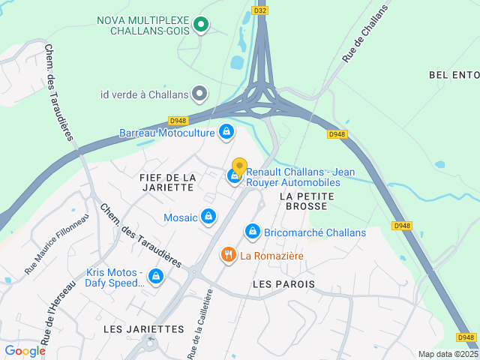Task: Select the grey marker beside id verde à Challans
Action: pos(199,94)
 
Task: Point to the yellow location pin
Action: pos(239,166)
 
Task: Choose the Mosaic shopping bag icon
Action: pos(208,217)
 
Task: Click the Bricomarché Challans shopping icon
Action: pos(252,232)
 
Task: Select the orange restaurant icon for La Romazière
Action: pos(229,256)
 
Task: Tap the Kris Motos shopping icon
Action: pos(155,277)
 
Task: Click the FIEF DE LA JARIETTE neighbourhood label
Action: pos(167,182)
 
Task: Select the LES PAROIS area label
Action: pos(284,284)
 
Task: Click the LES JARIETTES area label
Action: pos(143,328)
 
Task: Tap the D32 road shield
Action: pos(260,10)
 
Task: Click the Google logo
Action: pos(25,350)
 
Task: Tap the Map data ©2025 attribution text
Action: pos(448,354)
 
